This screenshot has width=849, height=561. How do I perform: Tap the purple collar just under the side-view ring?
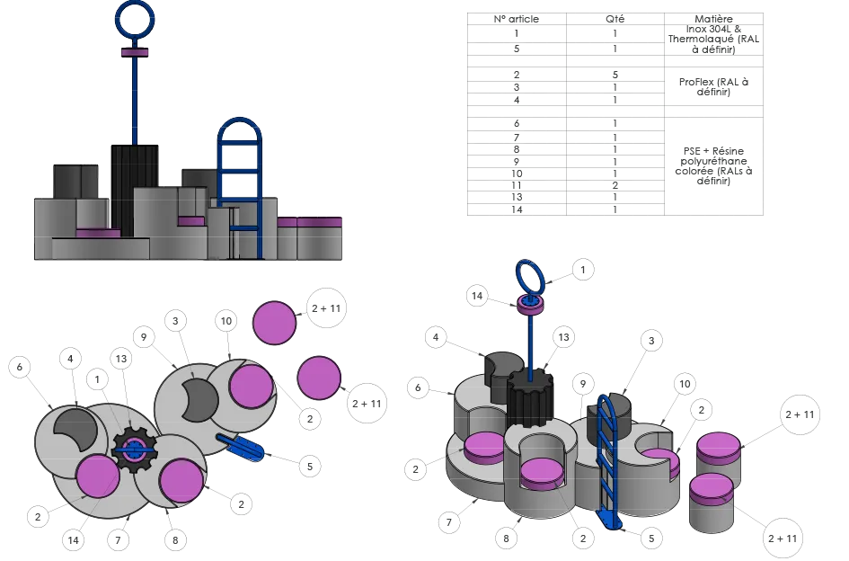[135, 52]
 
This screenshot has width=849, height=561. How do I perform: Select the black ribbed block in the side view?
[135, 189]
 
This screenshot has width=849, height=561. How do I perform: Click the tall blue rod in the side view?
[135, 99]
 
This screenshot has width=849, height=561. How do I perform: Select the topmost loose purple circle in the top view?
[274, 323]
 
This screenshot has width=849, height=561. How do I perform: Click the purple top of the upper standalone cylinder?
[719, 446]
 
